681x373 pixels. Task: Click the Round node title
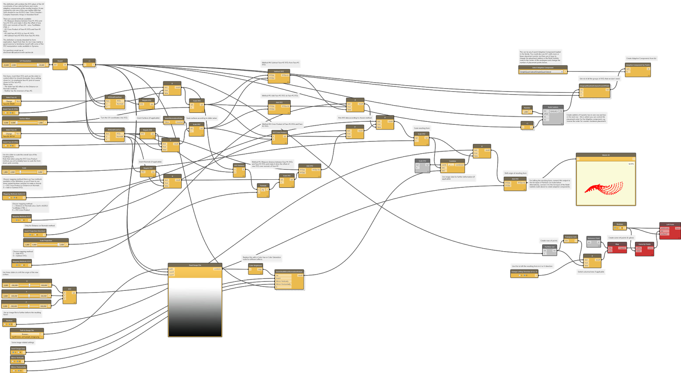coord(60,61)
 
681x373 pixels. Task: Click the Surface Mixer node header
coord(25,118)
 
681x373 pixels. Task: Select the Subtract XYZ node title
coord(279,72)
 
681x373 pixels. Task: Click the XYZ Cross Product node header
coord(280,132)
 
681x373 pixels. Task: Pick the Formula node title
coord(263,185)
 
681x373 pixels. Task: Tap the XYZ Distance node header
coord(239,165)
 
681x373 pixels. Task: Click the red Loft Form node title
coord(670,224)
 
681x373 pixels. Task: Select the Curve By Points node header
coord(644,244)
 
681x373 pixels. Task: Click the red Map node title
coord(617,244)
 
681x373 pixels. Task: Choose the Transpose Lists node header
coord(571,237)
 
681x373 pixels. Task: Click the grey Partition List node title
coord(549,247)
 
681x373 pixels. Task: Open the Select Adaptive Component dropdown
coord(543,72)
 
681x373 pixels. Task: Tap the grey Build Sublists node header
coord(553,107)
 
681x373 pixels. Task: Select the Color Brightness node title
coord(255,265)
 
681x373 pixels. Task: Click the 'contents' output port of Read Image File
coord(217,269)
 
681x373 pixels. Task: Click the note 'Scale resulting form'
coord(422,128)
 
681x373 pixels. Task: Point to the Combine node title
coord(452,161)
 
